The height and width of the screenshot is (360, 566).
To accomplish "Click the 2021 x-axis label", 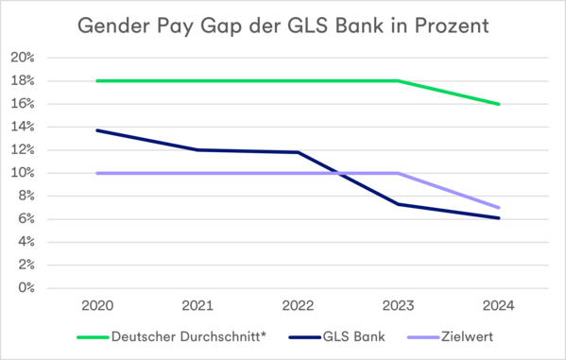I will coord(197,305).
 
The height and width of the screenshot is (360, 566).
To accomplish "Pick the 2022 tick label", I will coord(299,305).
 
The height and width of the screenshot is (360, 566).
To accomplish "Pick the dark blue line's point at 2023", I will coord(399,203).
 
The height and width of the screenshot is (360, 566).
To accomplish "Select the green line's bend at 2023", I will coord(399,81).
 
